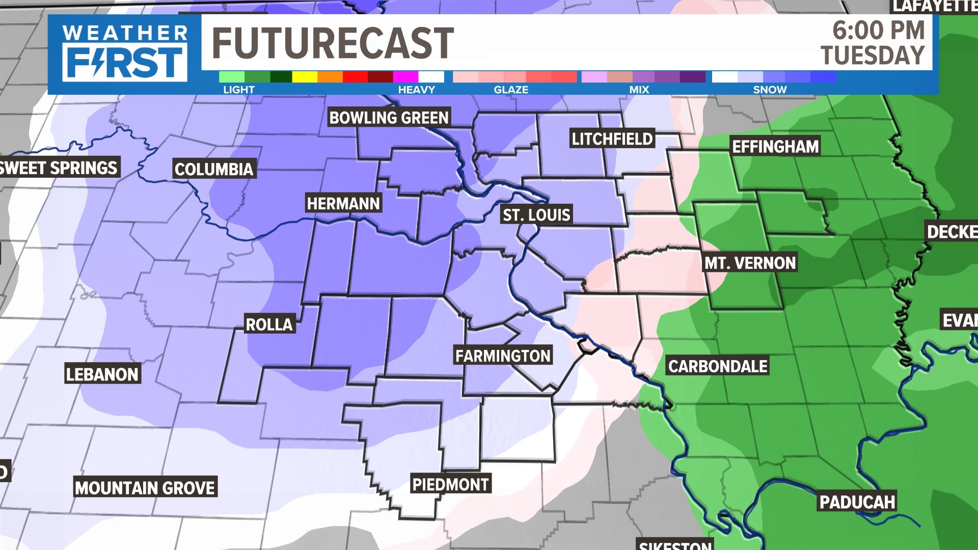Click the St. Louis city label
coord(536,215)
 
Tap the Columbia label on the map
coord(213,169)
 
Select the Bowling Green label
coord(389,118)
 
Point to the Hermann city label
coord(343,204)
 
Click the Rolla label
coord(269,324)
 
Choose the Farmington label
coord(503,355)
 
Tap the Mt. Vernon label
coord(750,263)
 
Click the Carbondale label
coord(718,366)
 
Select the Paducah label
coord(857,502)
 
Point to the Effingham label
coord(775,147)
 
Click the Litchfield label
coord(612,139)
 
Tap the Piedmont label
coord(450,484)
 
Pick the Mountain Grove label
coord(145,488)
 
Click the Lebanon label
coord(102,374)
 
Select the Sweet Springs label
coord(59,168)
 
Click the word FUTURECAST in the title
coord(333,43)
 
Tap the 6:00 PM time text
coord(878,30)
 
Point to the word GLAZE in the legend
coord(511,90)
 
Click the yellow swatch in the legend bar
coord(305,77)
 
